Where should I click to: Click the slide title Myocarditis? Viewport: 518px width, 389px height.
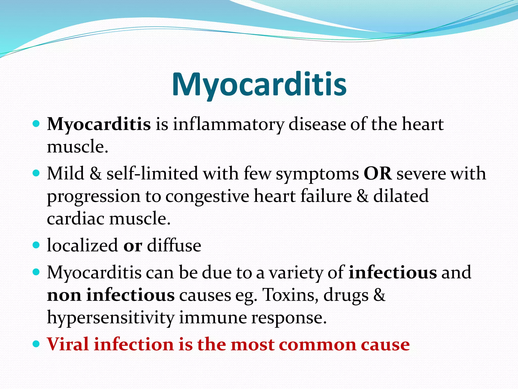(259, 84)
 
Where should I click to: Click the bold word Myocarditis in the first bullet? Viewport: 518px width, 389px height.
(99, 124)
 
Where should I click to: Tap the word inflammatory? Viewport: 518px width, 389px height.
(228, 124)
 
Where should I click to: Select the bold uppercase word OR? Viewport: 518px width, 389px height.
(378, 174)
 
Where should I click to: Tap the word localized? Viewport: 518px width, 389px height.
(82, 245)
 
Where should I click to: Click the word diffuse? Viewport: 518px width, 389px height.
(174, 245)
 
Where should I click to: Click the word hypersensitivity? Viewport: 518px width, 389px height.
(111, 318)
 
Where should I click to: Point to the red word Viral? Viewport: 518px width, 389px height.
(68, 344)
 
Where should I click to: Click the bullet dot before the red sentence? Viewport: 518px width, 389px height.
(36, 344)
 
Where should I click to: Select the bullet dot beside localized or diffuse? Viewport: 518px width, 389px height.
(36, 245)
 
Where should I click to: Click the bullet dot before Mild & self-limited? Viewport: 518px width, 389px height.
(36, 173)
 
